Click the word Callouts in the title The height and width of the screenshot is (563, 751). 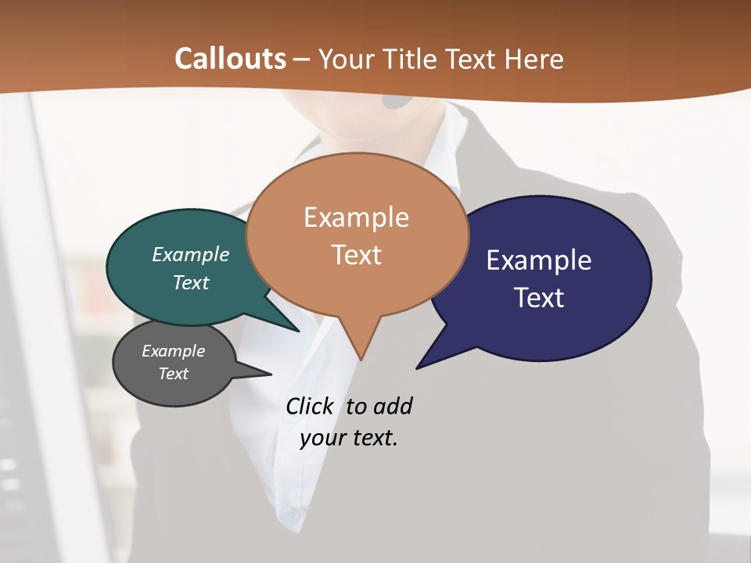tap(230, 59)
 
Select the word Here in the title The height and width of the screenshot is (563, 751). tap(535, 59)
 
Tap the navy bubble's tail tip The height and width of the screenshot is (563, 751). tap(418, 368)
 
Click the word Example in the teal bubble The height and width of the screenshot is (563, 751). tap(190, 255)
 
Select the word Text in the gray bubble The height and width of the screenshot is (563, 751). tap(174, 374)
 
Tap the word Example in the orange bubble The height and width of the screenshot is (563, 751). tap(356, 217)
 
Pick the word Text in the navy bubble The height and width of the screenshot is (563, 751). tap(539, 298)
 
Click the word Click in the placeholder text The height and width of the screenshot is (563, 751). tap(309, 407)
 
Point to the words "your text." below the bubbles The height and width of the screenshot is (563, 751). tap(349, 438)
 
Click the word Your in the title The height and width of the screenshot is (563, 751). tap(344, 59)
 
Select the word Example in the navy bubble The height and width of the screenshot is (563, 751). tap(539, 260)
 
